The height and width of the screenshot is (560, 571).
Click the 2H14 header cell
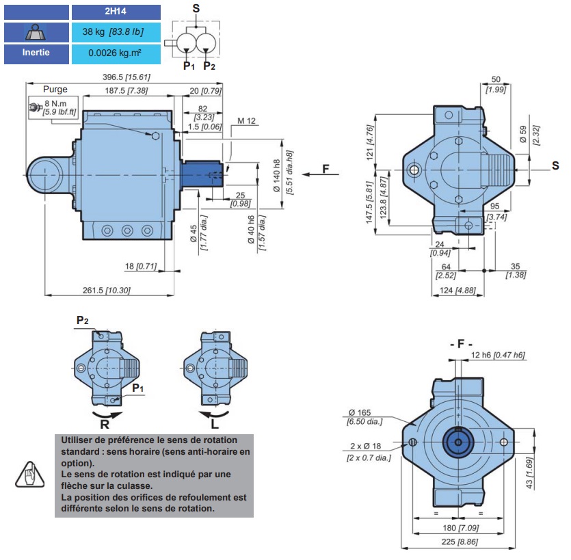[x=116, y=12]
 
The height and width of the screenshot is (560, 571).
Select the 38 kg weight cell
[x=116, y=32]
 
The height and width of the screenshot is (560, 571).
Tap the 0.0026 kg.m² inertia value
[x=116, y=53]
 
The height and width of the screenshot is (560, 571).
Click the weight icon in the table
[x=36, y=32]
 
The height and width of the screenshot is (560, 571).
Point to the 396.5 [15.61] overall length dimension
[x=126, y=77]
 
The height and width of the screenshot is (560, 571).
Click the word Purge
[x=55, y=89]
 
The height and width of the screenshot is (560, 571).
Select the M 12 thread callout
[x=247, y=121]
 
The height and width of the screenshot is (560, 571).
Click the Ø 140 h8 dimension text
[x=277, y=176]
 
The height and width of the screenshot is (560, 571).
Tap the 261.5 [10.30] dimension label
[x=106, y=290]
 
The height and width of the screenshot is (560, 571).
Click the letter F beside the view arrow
[x=326, y=169]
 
